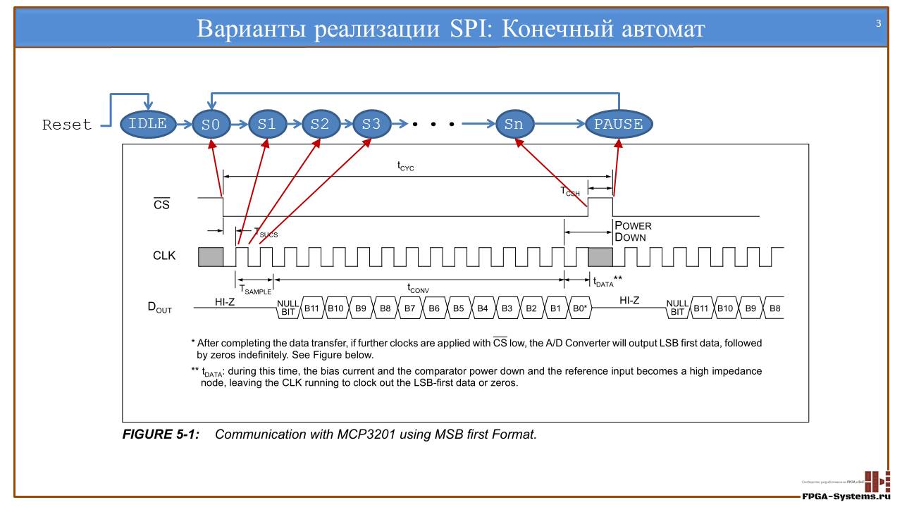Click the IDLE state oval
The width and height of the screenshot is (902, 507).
click(x=148, y=125)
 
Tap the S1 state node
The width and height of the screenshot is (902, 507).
click(x=267, y=125)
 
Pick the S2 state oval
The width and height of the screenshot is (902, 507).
click(x=320, y=125)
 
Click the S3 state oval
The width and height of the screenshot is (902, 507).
click(x=371, y=125)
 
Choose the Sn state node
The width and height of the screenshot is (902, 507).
click(x=514, y=125)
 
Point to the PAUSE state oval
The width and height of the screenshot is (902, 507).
click(x=619, y=125)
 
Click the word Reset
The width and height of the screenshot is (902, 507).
click(x=67, y=125)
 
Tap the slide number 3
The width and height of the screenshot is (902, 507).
click(x=878, y=24)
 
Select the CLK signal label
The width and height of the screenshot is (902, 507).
click(x=164, y=256)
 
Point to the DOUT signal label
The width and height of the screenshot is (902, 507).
click(x=159, y=308)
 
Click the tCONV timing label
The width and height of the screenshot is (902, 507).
click(x=418, y=289)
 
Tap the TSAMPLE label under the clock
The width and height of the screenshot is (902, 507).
click(x=254, y=289)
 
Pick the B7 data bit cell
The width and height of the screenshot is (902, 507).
click(x=409, y=308)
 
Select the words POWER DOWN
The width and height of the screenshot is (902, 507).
click(x=632, y=232)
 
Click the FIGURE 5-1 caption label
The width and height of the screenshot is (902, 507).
click(x=161, y=434)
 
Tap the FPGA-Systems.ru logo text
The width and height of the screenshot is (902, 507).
click(x=851, y=496)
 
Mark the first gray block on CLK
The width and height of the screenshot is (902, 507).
click(x=211, y=256)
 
